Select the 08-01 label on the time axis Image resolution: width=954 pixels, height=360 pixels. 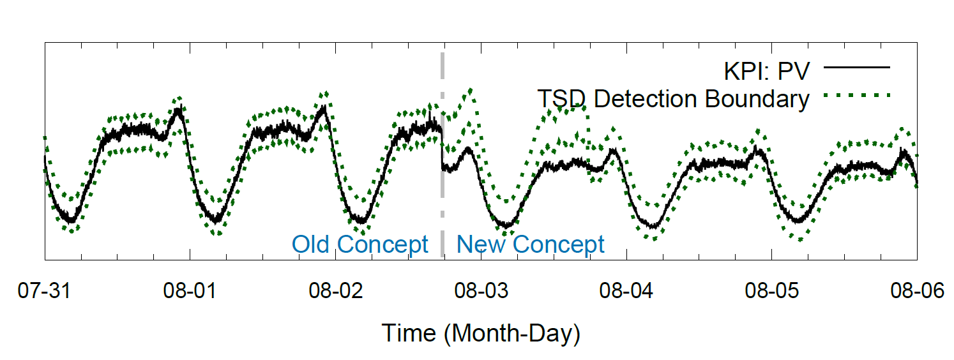click(x=190, y=292)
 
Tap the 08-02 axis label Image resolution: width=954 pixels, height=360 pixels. click(x=335, y=292)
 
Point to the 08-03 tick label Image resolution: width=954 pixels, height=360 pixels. click(x=481, y=292)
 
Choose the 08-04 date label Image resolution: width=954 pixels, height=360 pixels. click(x=626, y=292)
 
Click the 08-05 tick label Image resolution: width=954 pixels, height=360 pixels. click(x=771, y=292)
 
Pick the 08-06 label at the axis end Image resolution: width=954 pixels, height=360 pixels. click(x=917, y=292)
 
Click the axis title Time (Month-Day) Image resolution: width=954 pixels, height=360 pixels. click(x=481, y=333)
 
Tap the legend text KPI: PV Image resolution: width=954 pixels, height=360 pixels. click(x=766, y=70)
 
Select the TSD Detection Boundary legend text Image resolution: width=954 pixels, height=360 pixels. click(x=673, y=99)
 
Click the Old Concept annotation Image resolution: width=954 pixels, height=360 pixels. click(x=360, y=244)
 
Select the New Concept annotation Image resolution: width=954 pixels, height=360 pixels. click(x=531, y=244)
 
